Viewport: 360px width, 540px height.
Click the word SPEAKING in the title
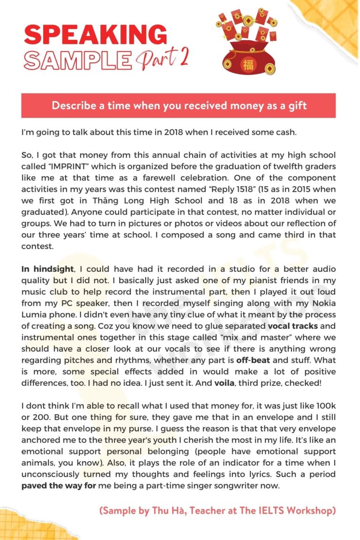pyautogui.click(x=95, y=35)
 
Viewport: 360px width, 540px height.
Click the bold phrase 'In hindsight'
pyautogui.click(x=47, y=269)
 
